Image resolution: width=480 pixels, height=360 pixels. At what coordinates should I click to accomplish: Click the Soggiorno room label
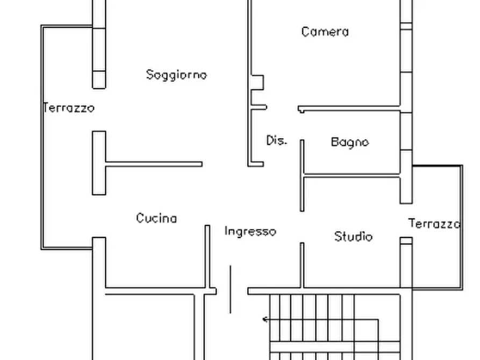click(176, 75)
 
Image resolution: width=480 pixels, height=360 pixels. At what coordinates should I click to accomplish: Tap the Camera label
click(325, 32)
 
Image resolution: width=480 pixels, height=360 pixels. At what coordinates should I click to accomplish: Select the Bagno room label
click(350, 142)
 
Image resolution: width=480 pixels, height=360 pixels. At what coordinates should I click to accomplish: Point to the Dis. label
click(277, 141)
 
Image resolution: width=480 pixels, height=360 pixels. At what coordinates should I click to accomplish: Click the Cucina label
click(156, 218)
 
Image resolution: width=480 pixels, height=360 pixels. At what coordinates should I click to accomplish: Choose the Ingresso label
click(250, 232)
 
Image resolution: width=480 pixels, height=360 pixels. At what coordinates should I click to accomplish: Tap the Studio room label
click(353, 236)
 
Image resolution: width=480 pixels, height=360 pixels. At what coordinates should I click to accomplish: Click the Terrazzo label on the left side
click(69, 108)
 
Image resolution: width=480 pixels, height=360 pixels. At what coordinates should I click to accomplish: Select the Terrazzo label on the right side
click(434, 224)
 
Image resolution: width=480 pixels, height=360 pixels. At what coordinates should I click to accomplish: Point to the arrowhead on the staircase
click(265, 320)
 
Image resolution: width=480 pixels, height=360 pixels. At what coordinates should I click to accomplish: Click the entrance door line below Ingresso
click(231, 289)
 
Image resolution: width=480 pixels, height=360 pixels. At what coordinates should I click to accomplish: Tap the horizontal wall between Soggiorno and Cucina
click(154, 164)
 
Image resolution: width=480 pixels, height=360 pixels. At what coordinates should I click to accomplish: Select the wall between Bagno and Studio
click(352, 174)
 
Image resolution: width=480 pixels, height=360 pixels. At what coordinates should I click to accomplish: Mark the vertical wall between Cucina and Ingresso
click(207, 258)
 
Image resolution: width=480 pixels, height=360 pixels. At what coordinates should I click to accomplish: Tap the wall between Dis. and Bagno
click(302, 175)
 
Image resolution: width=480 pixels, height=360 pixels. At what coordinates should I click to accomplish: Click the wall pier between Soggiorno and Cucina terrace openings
click(99, 163)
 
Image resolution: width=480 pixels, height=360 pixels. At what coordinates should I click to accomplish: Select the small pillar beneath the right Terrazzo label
click(406, 241)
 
